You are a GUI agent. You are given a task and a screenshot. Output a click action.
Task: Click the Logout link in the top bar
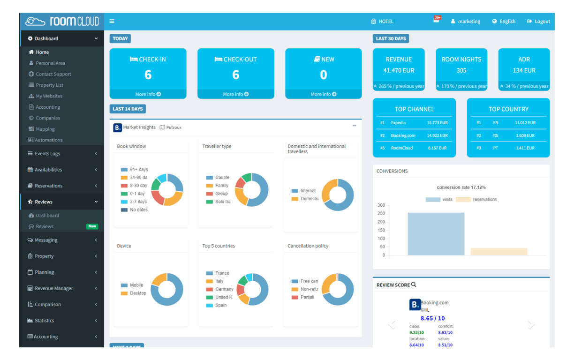click(538, 22)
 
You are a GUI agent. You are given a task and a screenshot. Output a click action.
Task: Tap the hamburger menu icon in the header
click(112, 21)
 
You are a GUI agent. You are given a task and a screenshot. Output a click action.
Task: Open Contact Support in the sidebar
click(53, 74)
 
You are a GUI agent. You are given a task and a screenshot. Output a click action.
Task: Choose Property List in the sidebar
click(49, 85)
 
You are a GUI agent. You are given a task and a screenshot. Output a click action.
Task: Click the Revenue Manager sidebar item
click(53, 288)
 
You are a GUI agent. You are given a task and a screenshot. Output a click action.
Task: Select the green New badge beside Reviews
click(92, 226)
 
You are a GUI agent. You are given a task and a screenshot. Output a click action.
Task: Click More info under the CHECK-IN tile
click(148, 94)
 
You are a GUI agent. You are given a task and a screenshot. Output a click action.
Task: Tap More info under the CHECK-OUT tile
click(235, 94)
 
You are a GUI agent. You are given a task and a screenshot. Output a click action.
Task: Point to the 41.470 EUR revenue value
click(399, 70)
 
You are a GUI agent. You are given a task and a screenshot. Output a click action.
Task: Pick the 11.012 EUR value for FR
click(524, 123)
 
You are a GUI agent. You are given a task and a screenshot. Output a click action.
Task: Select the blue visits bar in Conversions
click(436, 234)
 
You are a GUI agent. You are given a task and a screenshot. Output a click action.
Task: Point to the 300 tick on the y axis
click(381, 205)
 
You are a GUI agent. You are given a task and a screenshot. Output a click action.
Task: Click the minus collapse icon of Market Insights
click(354, 126)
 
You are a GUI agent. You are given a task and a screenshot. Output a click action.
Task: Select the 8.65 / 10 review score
click(432, 318)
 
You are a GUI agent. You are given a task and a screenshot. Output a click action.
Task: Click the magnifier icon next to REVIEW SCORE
click(414, 285)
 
